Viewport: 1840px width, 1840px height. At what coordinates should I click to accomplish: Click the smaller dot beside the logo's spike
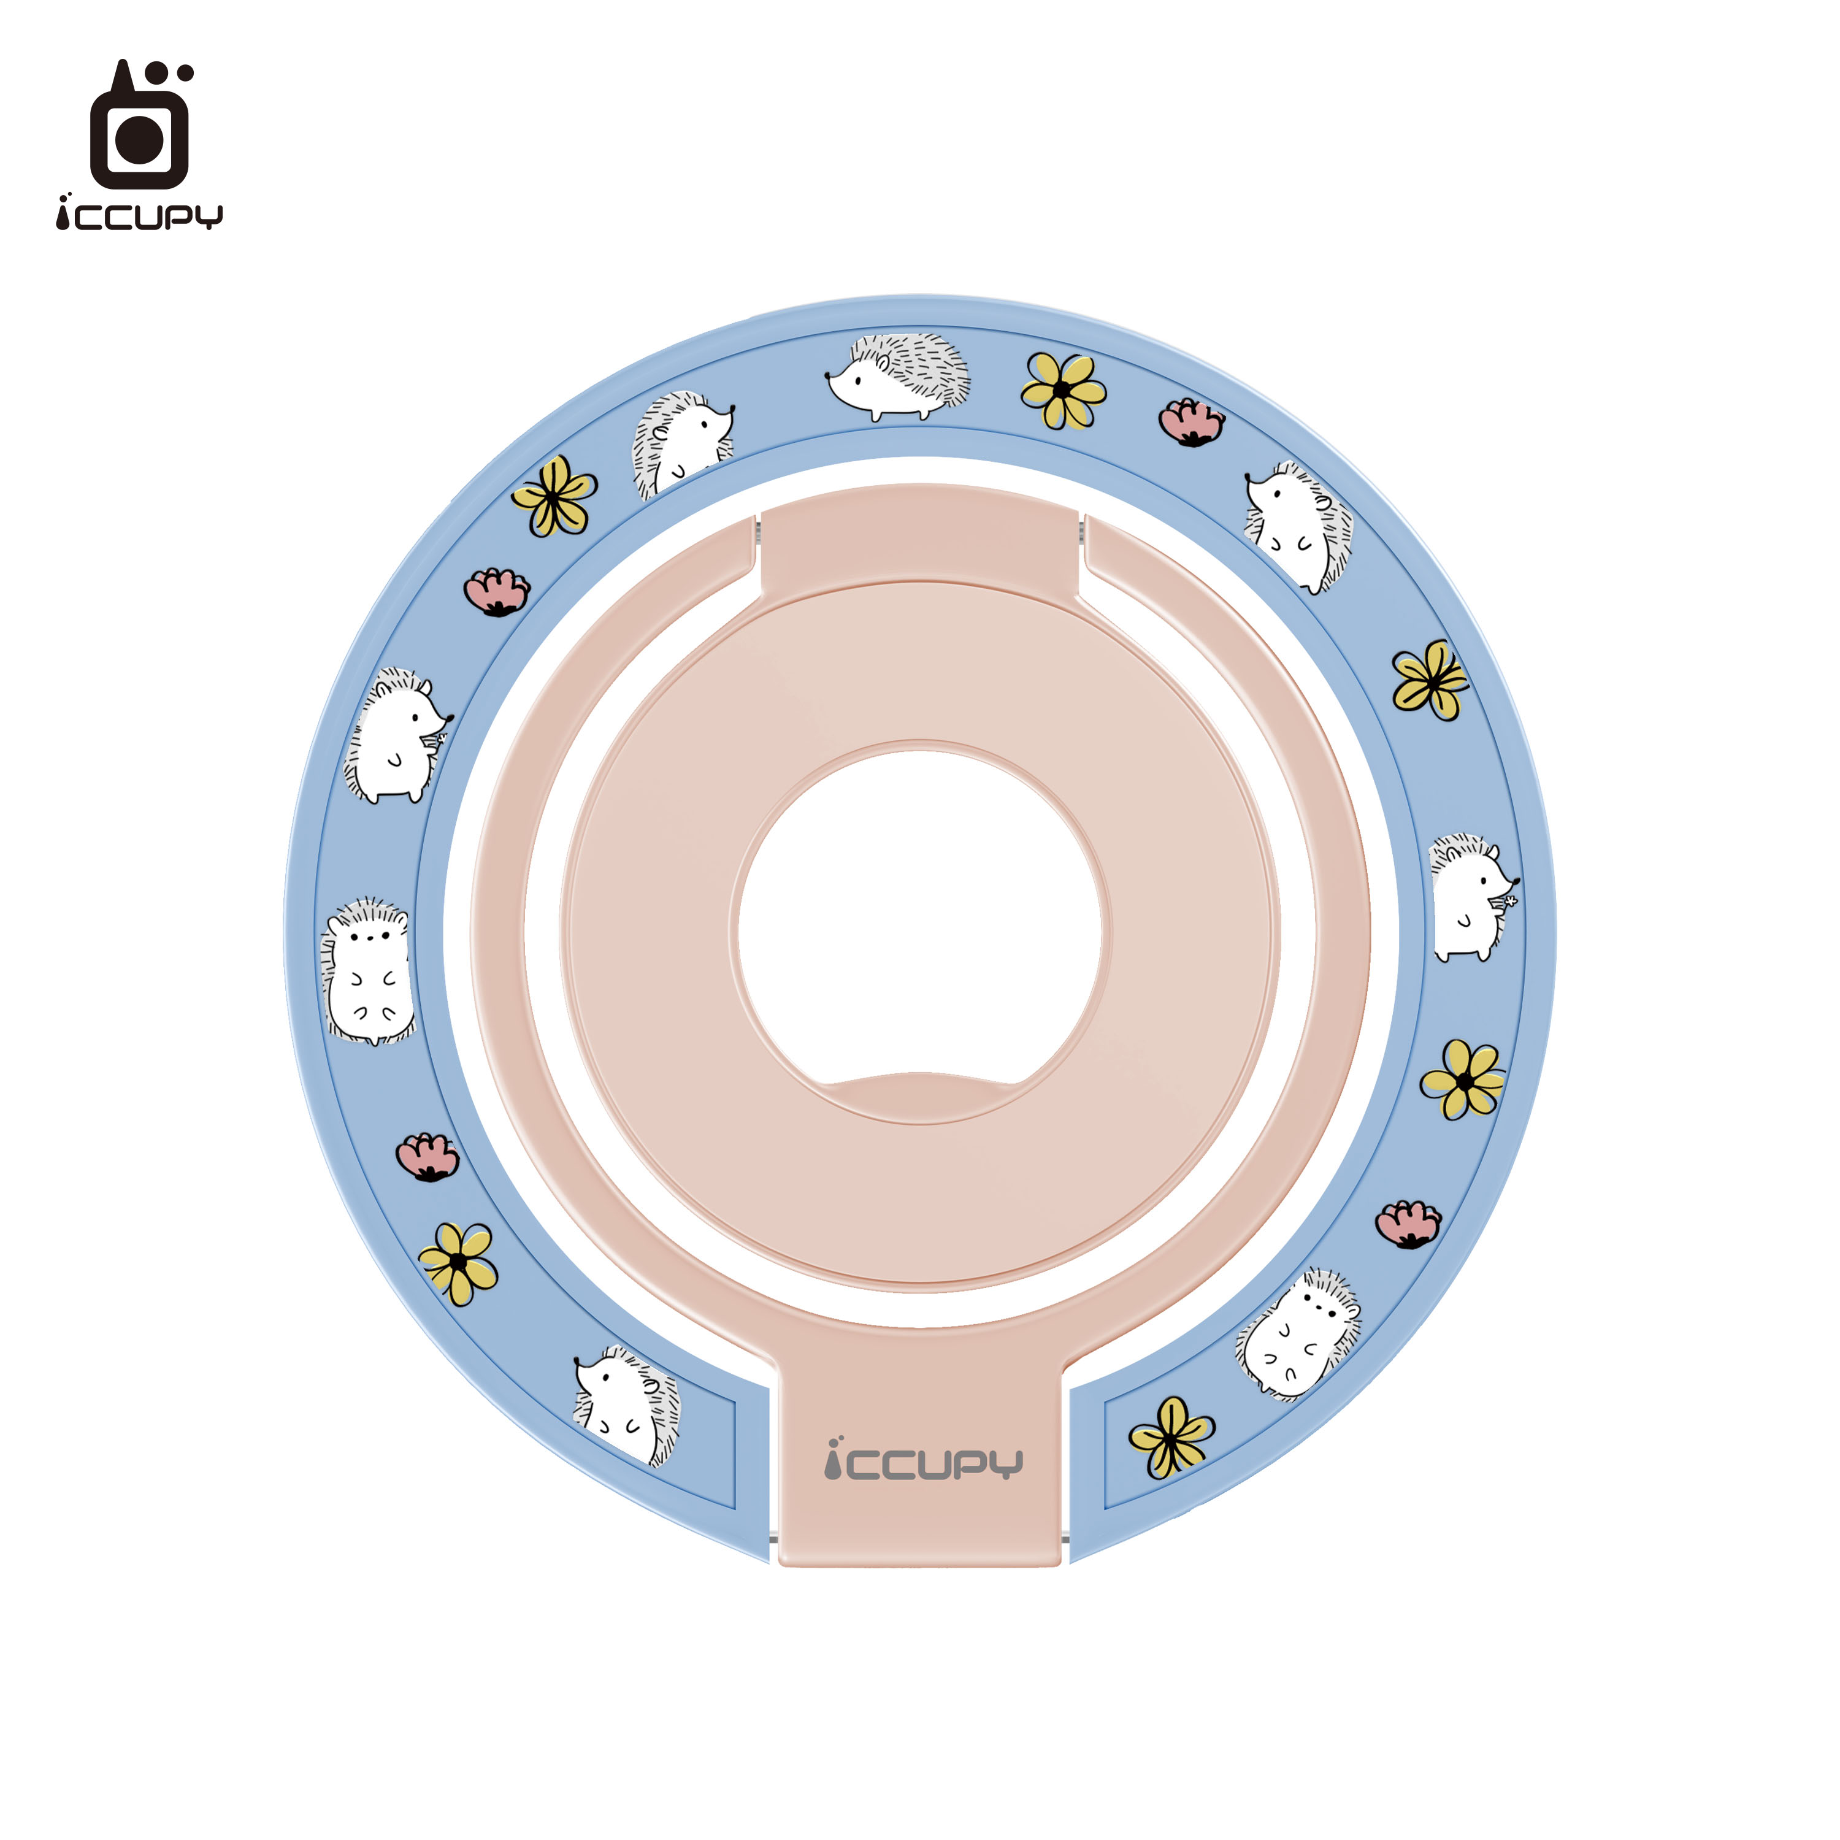pyautogui.click(x=186, y=72)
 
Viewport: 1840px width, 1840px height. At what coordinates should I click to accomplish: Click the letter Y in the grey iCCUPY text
pyautogui.click(x=1006, y=1464)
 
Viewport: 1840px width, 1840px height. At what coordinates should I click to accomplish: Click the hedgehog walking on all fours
pyautogui.click(x=898, y=376)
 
